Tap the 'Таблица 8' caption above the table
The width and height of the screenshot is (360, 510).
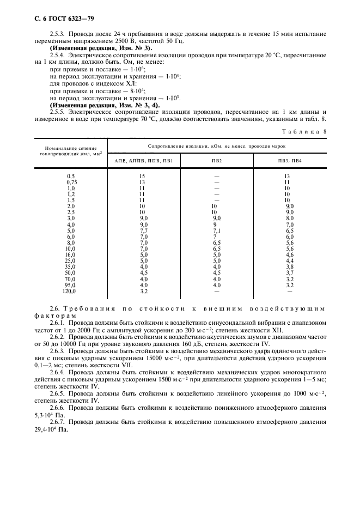pyautogui.click(x=306, y=131)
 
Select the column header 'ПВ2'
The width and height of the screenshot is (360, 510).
pyautogui.click(x=216, y=162)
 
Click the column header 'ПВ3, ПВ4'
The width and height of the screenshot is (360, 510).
pyautogui.click(x=289, y=162)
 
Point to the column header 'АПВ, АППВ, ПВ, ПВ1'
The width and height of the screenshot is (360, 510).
pyautogui.click(x=144, y=162)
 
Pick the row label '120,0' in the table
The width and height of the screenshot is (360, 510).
pyautogui.click(x=69, y=292)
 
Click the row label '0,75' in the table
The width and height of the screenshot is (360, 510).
pyautogui.click(x=70, y=183)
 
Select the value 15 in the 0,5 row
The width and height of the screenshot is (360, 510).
pyautogui.click(x=142, y=177)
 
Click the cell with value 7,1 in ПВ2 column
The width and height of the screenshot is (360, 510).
pyautogui.click(x=216, y=231)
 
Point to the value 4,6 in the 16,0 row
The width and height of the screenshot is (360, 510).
pyautogui.click(x=290, y=255)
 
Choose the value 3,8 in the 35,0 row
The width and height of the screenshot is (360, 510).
pyautogui.click(x=290, y=267)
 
